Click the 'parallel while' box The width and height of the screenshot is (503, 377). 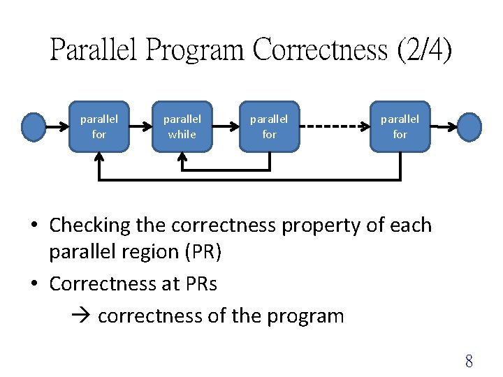[182, 126]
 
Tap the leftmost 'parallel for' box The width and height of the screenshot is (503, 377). [99, 126]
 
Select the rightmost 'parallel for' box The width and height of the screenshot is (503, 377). [400, 126]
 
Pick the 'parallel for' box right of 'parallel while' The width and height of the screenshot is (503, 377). [269, 126]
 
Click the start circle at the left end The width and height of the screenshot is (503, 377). [34, 126]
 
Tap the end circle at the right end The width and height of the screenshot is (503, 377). [469, 126]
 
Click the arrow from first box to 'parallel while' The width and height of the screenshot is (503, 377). [140, 126]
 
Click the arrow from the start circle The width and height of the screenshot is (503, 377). [57, 126]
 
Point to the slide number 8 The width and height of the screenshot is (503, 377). [469, 361]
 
